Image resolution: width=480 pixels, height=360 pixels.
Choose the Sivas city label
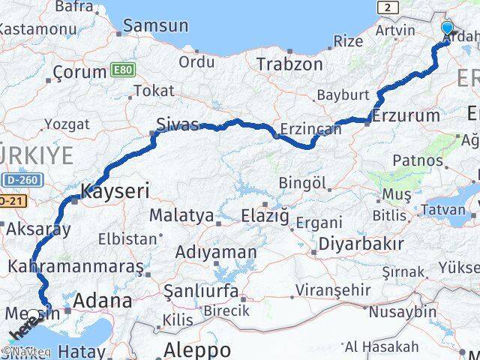[x=178, y=124]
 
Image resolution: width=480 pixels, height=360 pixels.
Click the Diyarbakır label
[x=361, y=244]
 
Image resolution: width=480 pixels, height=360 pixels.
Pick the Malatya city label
[x=181, y=215]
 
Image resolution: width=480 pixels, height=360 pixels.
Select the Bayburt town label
[x=343, y=95]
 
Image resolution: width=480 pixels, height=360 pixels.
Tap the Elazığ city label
[x=265, y=216]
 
